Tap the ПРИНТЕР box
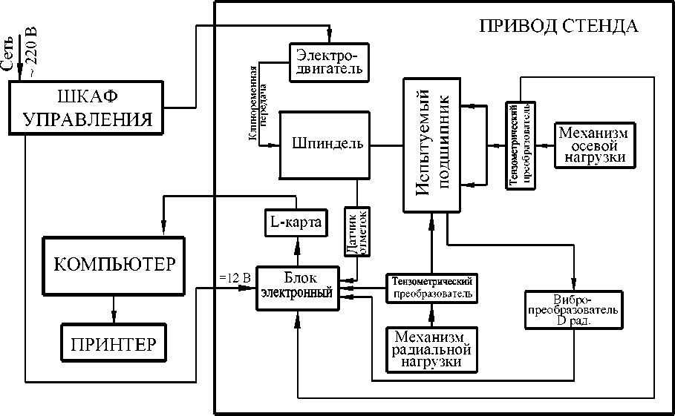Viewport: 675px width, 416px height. pos(114,344)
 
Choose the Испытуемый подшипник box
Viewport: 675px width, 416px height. pos(432,145)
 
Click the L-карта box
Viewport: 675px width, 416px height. pos(295,222)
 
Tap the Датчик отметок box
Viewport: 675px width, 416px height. pos(356,232)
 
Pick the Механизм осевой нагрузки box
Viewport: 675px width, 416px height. pos(593,145)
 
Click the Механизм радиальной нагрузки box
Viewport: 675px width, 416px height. pos(431,348)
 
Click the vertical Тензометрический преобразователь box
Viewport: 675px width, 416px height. pos(521,144)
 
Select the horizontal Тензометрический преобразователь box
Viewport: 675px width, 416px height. pos(431,287)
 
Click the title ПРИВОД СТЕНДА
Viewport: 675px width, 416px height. pos(558,27)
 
